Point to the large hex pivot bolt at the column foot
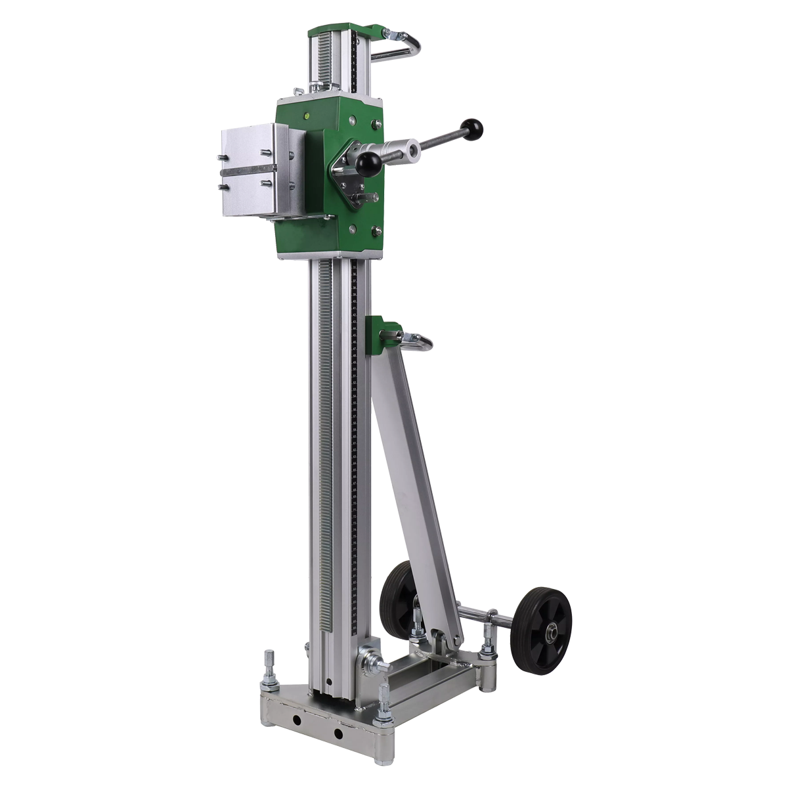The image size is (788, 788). point(368,660)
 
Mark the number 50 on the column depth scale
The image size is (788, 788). point(355,364)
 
